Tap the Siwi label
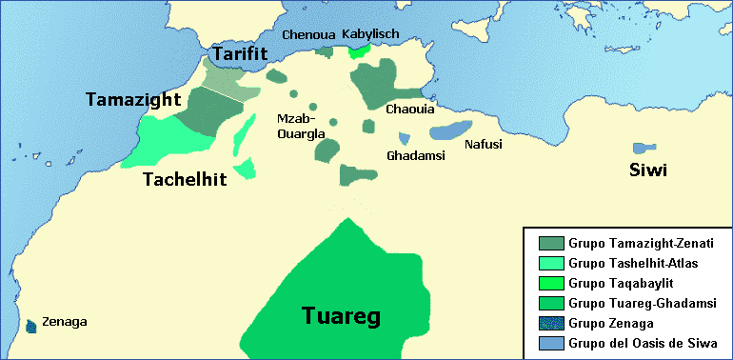pos(647,170)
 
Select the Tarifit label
pos(239,55)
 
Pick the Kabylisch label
pos(372,34)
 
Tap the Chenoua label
pos(307,34)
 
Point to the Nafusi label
pos(483,145)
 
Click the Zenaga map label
pos(65,322)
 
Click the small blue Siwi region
pos(643,149)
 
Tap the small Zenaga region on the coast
pos(32,326)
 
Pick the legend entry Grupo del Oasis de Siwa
pos(636,343)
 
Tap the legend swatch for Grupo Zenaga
pos(550,323)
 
